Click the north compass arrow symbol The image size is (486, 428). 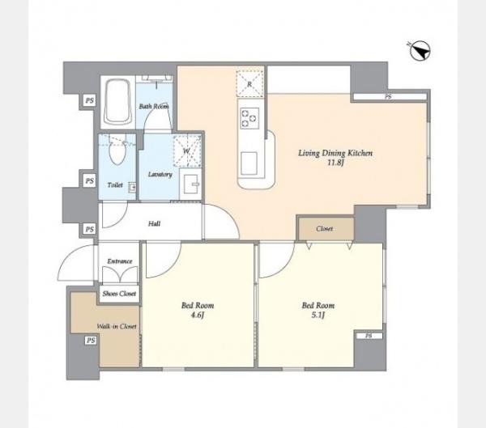click(x=420, y=50)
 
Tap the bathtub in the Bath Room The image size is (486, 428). click(x=117, y=102)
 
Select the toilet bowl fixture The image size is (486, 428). click(x=117, y=152)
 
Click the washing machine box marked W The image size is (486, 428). click(x=186, y=151)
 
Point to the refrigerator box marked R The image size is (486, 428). click(x=249, y=84)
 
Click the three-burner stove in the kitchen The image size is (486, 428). click(x=249, y=118)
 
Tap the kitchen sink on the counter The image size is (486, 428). click(x=249, y=163)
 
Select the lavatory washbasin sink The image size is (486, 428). click(x=192, y=184)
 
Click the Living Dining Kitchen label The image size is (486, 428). click(x=335, y=153)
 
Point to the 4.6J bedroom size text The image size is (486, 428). click(x=198, y=316)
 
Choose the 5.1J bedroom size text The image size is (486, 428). click(x=318, y=316)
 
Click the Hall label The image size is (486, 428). click(x=154, y=223)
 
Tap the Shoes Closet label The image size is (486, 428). click(x=119, y=293)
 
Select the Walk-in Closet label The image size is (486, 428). click(x=117, y=326)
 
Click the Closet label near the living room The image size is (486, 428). click(x=325, y=228)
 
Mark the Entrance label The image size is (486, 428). click(x=120, y=261)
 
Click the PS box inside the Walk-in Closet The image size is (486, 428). click(x=91, y=341)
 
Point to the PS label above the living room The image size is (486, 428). click(x=388, y=96)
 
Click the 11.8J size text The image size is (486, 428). click(x=335, y=163)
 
